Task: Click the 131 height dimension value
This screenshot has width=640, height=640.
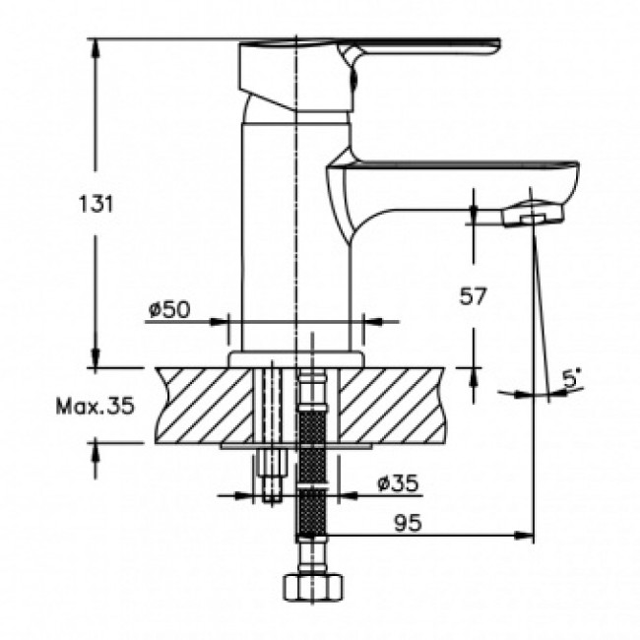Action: point(96,204)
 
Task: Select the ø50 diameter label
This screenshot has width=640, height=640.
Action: point(169,309)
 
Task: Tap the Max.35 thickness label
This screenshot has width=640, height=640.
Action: point(95,406)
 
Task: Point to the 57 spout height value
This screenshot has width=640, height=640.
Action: point(473,296)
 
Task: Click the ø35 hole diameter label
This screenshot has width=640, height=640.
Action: point(398,483)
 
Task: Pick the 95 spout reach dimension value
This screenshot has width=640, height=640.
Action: point(408,523)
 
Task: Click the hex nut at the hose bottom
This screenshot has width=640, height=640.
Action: point(313,587)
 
